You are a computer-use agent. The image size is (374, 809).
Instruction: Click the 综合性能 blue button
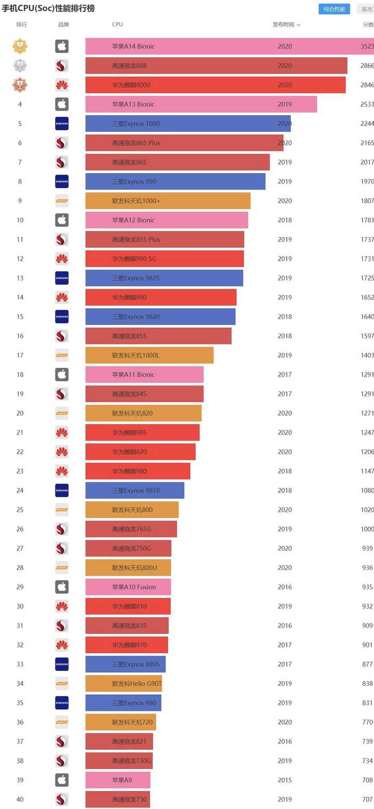[x=334, y=9]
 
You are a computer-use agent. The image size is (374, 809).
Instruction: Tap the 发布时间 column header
[x=286, y=24]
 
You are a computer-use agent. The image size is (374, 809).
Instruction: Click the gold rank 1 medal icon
[x=20, y=46]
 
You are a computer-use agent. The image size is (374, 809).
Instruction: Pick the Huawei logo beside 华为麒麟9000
[x=62, y=85]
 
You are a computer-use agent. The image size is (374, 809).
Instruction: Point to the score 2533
[x=367, y=104]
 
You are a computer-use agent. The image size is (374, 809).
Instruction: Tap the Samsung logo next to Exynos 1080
[x=62, y=124]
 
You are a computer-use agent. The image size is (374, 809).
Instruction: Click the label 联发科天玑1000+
[x=136, y=201]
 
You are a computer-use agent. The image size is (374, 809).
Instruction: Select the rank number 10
[x=20, y=220]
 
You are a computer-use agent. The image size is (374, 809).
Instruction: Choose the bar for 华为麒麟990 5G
[x=165, y=259]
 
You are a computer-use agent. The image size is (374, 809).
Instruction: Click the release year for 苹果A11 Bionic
[x=285, y=375]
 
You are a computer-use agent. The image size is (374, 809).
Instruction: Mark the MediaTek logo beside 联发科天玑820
[x=62, y=413]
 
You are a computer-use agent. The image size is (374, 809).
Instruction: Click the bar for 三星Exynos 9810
[x=135, y=490]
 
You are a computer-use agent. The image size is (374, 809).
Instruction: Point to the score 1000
[x=367, y=529]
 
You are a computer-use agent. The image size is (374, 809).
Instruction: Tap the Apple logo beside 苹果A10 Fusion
[x=62, y=587]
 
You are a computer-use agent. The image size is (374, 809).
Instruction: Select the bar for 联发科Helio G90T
[x=124, y=684]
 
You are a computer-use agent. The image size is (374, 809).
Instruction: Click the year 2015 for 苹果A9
[x=285, y=780]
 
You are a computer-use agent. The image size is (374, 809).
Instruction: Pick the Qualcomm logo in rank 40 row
[x=62, y=799]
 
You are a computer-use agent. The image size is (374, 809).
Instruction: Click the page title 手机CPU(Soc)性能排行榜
[x=48, y=9]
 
